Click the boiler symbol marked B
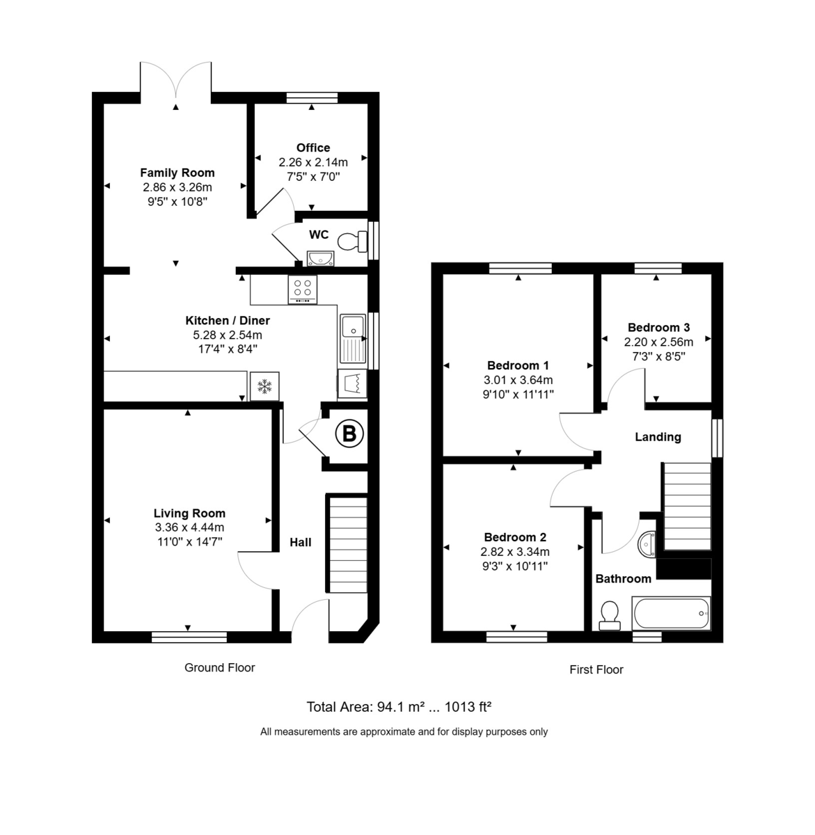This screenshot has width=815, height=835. pos(349,434)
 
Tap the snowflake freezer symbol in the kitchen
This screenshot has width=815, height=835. pos(264,387)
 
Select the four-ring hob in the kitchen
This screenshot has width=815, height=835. pos(303,289)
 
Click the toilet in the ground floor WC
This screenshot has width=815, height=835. pos(352,241)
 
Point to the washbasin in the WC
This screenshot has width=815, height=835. pos(320,257)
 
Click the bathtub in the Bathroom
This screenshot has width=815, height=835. pos(671,614)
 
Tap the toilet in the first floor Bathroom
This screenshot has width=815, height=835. pos(610,615)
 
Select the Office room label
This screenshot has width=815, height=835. pos(313,148)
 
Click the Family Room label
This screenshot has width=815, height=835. pos(177,173)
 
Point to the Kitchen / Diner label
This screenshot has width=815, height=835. pos(228,321)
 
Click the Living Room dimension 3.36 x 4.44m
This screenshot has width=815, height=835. pos(189,527)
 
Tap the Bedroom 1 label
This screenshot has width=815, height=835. pos(518,365)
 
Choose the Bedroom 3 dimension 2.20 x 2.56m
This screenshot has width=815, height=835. pos(658,342)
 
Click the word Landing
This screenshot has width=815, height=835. pos(658,437)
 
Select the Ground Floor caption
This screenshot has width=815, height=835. pos(219,667)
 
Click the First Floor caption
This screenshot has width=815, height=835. pos(596,669)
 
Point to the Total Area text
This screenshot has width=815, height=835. pos(399,707)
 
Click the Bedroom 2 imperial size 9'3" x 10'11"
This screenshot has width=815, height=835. pos(515,566)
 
